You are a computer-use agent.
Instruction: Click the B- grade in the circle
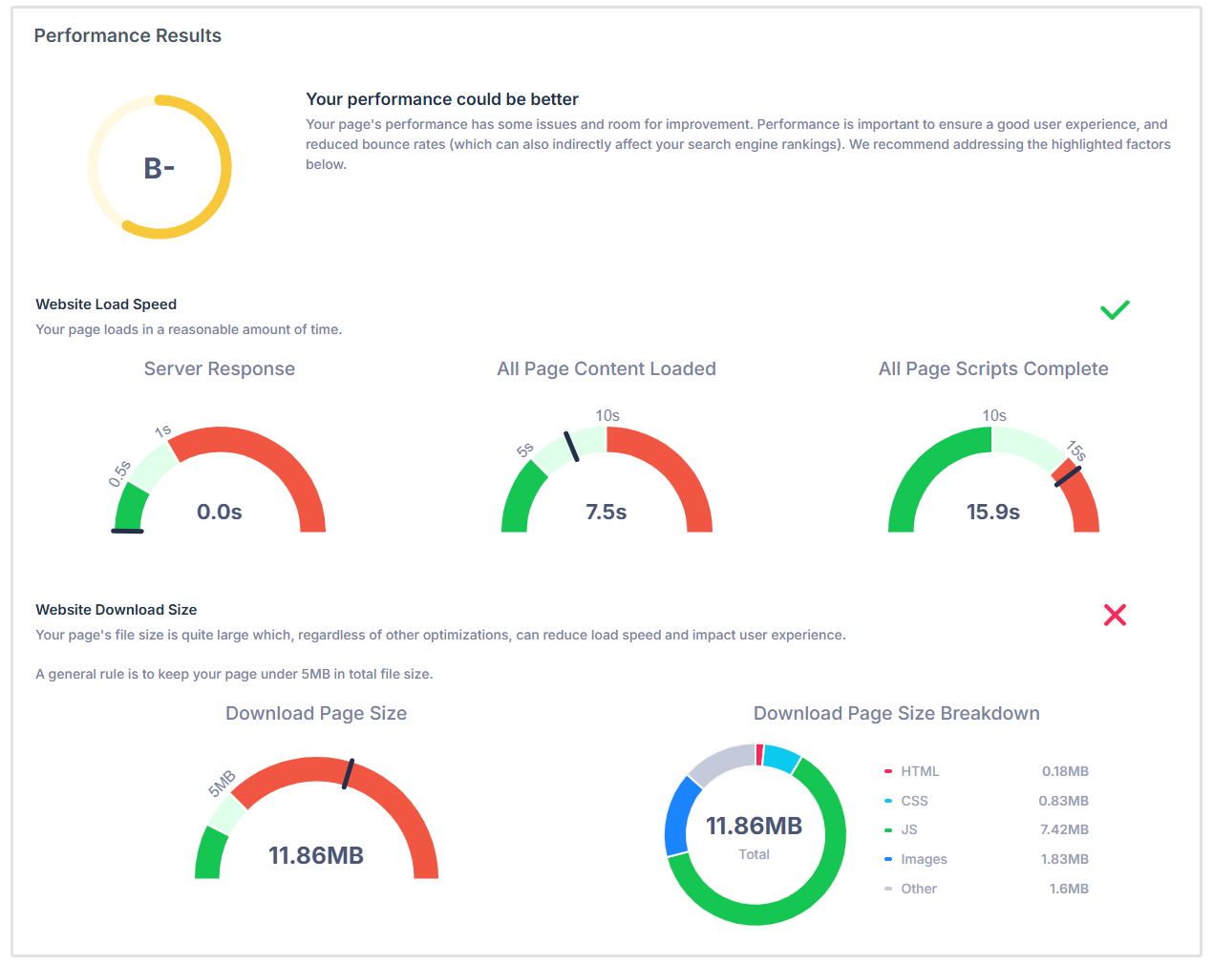159,168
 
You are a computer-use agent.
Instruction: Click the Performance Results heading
127,35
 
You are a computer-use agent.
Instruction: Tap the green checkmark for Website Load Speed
1115,309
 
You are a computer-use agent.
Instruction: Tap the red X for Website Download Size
1115,615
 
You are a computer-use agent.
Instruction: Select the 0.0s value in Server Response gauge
219,512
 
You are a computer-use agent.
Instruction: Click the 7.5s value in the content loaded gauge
606,512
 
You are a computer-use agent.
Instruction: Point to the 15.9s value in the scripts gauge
992,512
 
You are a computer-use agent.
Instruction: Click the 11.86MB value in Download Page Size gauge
315,855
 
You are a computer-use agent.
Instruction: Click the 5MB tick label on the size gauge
222,783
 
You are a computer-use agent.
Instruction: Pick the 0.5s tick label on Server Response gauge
119,473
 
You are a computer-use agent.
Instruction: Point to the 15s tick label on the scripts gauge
1076,451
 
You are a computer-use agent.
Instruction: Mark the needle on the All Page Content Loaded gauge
571,447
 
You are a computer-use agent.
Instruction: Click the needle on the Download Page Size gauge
349,773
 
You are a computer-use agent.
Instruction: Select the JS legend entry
908,829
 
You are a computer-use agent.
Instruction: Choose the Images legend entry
924,859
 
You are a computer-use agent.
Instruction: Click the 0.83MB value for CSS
1063,801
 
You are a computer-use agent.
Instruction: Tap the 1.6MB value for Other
1069,889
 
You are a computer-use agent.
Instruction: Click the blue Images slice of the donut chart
676,815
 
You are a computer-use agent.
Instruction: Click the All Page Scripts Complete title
992,368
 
